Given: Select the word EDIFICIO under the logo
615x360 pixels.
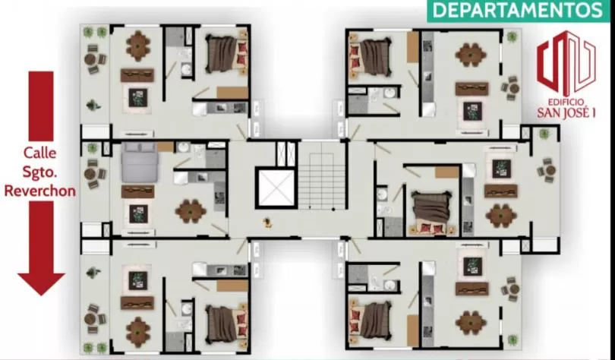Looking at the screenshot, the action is pyautogui.click(x=566, y=103).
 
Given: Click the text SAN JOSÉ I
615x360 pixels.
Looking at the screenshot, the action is pyautogui.click(x=566, y=113).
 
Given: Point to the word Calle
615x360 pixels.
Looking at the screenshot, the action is pyautogui.click(x=39, y=153).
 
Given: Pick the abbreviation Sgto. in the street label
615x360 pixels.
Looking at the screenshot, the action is pyautogui.click(x=39, y=172).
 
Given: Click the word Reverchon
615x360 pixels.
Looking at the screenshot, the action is pyautogui.click(x=40, y=191).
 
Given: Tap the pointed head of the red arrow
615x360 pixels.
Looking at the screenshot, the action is pyautogui.click(x=41, y=284).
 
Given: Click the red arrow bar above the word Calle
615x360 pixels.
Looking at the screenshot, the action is pyautogui.click(x=41, y=106).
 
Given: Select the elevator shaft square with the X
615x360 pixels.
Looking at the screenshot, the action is pyautogui.click(x=276, y=188).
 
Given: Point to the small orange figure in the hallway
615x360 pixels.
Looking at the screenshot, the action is pyautogui.click(x=267, y=223).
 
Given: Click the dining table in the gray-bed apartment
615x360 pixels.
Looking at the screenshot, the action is pyautogui.click(x=191, y=211).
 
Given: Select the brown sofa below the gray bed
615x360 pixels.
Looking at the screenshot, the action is pyautogui.click(x=137, y=191).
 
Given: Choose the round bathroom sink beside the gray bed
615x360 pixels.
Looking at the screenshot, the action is pyautogui.click(x=183, y=147).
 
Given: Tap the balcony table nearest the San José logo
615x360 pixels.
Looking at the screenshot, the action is pyautogui.click(x=511, y=88).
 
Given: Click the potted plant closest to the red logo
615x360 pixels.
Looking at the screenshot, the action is pyautogui.click(x=512, y=37).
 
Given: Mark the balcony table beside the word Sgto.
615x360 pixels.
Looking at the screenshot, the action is pyautogui.click(x=93, y=174).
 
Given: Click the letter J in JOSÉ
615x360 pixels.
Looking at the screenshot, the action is pyautogui.click(x=564, y=113).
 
